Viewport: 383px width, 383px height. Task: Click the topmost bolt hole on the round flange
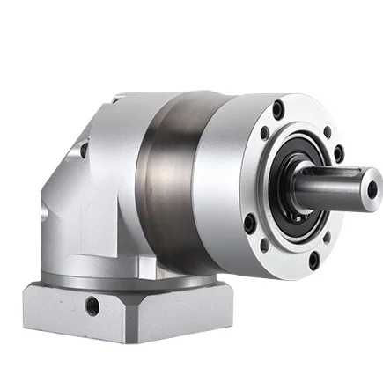coord(279,110)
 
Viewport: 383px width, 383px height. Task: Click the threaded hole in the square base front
coord(92,306)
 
